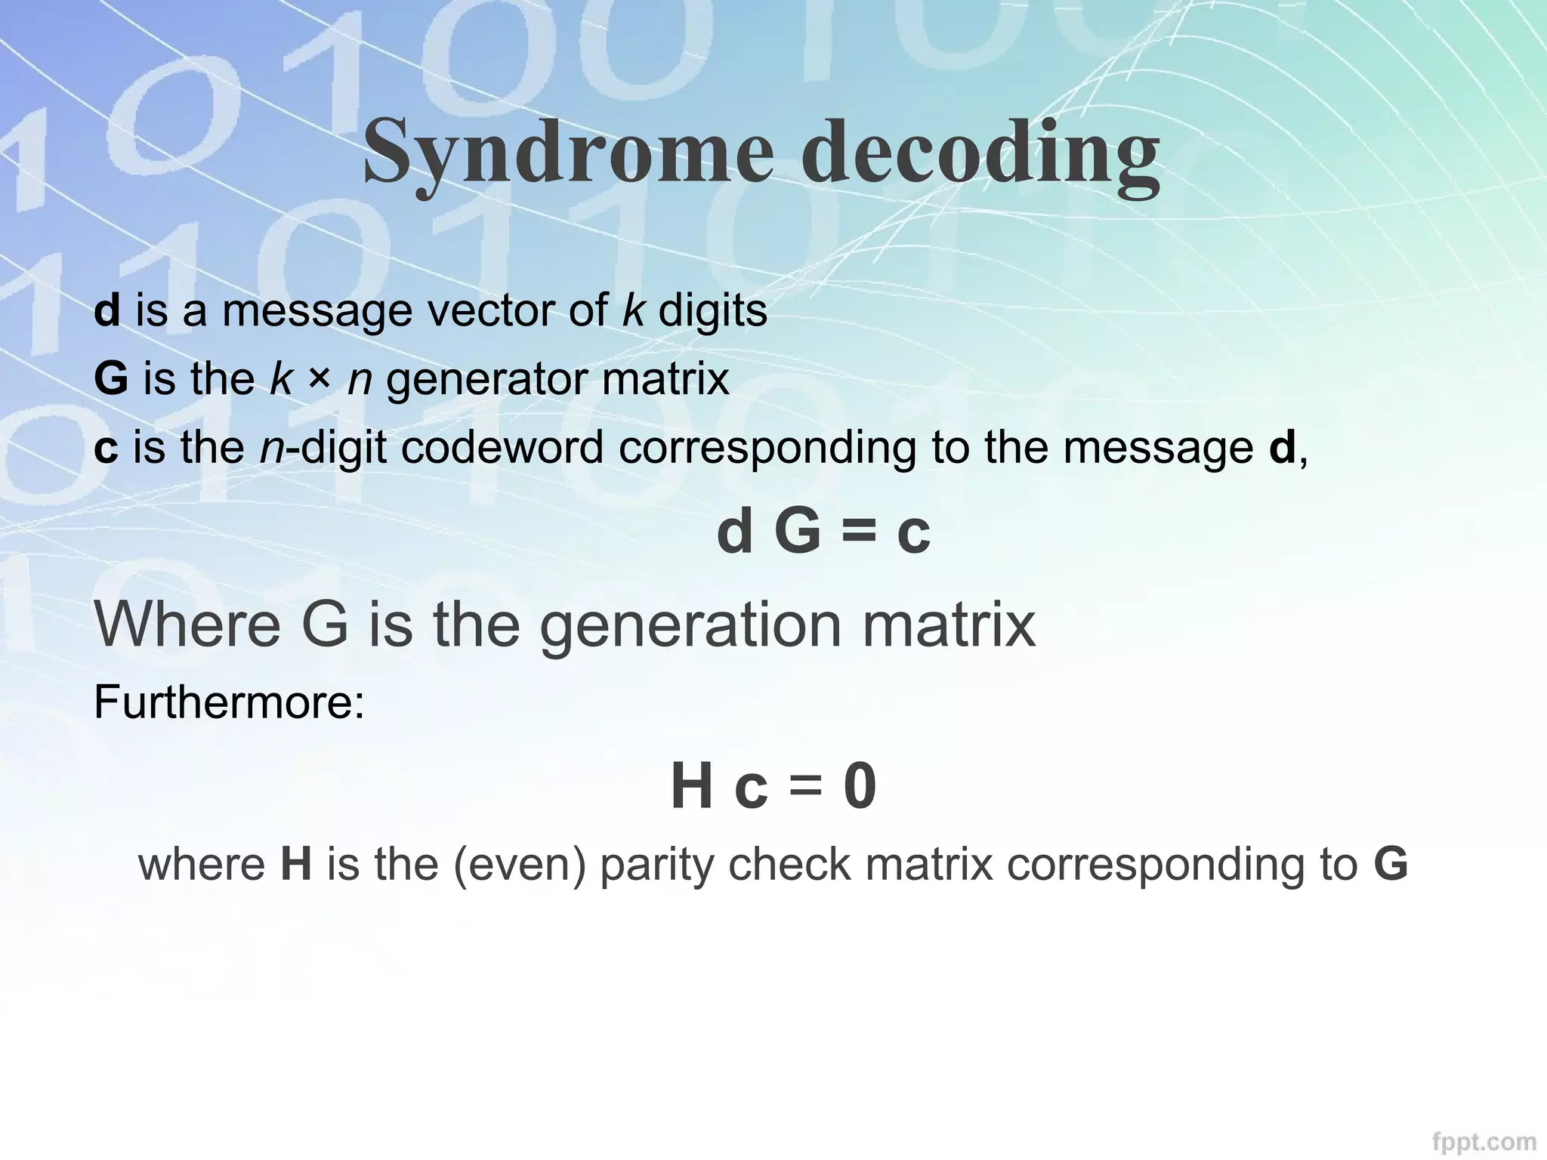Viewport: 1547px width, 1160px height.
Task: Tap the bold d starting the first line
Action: (107, 310)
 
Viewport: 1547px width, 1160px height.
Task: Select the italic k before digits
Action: (633, 310)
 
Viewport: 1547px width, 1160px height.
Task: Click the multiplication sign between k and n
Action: (320, 378)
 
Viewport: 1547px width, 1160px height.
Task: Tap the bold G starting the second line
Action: (110, 378)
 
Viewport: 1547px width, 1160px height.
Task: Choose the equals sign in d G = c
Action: (858, 532)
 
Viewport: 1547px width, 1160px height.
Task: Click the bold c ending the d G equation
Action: (913, 533)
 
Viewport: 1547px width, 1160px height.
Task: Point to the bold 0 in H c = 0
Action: (860, 786)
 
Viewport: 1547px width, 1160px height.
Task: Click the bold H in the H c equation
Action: (691, 786)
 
